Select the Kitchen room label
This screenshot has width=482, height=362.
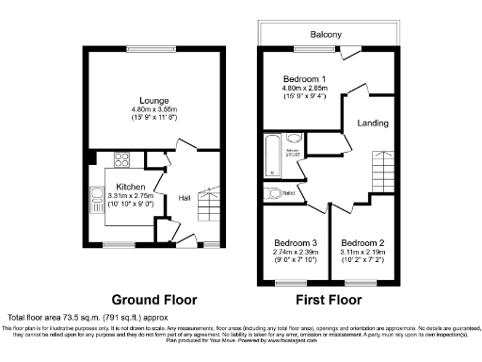(130, 186)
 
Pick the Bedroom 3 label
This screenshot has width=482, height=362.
(296, 244)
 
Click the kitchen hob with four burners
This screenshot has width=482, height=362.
(96, 198)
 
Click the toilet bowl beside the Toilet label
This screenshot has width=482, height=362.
(273, 194)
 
